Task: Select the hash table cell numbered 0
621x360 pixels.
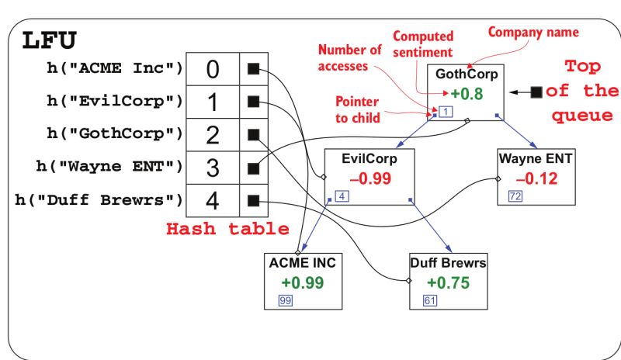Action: [x=213, y=69]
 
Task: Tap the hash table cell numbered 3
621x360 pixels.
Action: [x=213, y=168]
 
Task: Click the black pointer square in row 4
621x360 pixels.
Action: [x=252, y=201]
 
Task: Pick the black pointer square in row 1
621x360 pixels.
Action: [x=252, y=102]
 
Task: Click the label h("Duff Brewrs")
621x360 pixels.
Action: [x=99, y=199]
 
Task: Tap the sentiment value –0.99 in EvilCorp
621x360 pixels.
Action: [x=369, y=178]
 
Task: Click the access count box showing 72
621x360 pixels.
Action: [x=515, y=196]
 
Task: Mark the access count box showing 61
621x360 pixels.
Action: [x=430, y=300]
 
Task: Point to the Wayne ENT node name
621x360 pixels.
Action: [x=535, y=159]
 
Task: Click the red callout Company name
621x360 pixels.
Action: [x=533, y=33]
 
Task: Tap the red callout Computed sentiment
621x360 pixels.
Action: [x=423, y=44]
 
